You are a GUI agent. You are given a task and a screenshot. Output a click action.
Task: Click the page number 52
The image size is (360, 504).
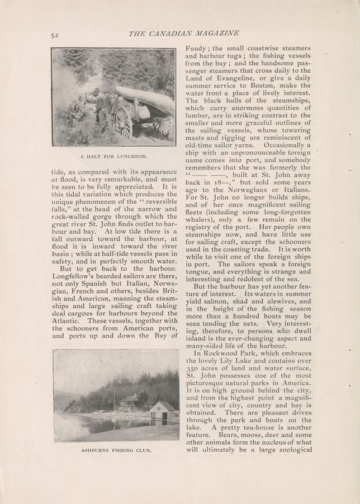[x=54, y=35]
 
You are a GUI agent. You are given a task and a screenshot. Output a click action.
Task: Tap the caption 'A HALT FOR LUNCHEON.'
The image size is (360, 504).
[x=113, y=156]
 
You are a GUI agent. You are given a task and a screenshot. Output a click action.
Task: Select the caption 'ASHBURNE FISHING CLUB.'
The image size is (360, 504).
[x=115, y=449]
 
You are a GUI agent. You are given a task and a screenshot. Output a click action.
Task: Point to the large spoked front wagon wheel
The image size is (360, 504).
[x=122, y=121]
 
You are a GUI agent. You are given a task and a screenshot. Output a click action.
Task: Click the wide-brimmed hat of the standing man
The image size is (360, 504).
[x=96, y=90]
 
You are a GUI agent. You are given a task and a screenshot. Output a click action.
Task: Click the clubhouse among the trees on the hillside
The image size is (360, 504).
[x=131, y=401]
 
